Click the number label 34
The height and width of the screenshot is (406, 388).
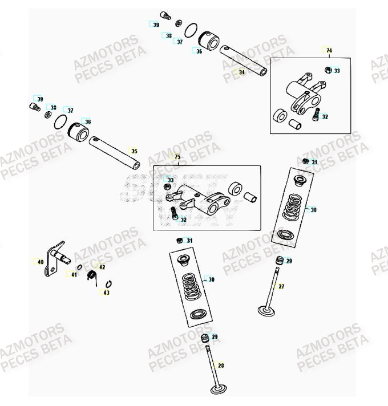[x=241, y=72]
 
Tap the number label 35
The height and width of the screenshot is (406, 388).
[x=134, y=151]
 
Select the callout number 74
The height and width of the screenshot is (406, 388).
[x=329, y=51]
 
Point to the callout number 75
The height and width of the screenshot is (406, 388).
[x=177, y=157]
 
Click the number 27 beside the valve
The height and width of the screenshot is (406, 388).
[x=281, y=286]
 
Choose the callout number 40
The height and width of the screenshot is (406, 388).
[x=40, y=262]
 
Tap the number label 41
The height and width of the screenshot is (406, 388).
[x=74, y=275]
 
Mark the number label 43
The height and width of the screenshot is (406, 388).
[x=105, y=293]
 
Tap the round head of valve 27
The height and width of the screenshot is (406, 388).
[x=266, y=311]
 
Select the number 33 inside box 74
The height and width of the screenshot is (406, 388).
[x=337, y=71]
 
